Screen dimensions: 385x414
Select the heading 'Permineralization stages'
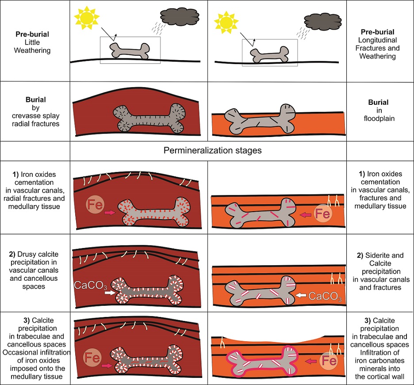213,151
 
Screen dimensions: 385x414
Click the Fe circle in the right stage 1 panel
322,215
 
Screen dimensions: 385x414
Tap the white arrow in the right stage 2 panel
303,294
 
